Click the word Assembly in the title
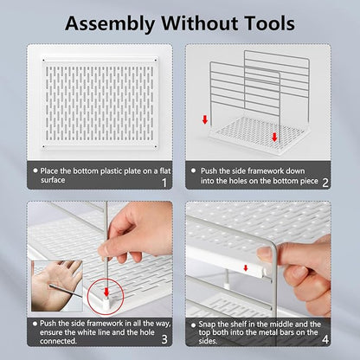tap(110, 24)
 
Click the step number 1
tap(164, 183)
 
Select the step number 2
tap(325, 183)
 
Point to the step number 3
tap(164, 339)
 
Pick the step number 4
tap(325, 339)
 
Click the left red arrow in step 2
tap(205, 119)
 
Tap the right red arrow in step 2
tap(274, 137)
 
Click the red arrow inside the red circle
tap(106, 292)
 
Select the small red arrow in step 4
tap(246, 268)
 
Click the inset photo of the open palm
tap(57, 286)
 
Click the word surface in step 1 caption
tap(53, 180)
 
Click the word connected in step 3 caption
tap(58, 341)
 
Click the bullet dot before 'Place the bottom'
tap(35, 170)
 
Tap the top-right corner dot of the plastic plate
tap(156, 61)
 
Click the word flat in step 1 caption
tap(165, 170)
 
